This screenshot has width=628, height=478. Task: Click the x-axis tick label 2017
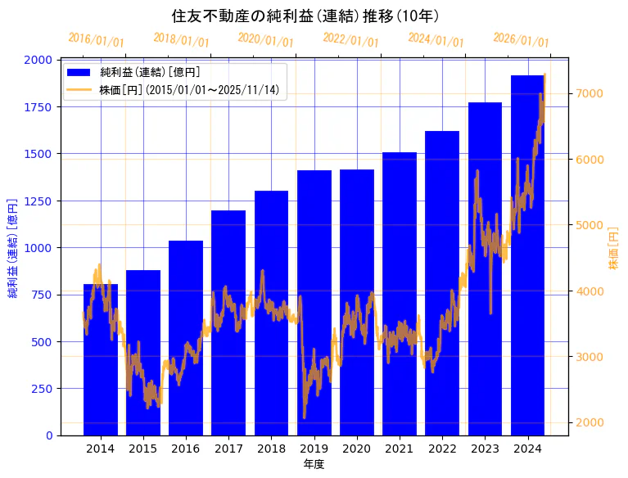(x=228, y=449)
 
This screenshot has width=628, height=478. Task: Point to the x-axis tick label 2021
(x=400, y=449)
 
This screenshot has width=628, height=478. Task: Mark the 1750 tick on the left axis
(x=40, y=106)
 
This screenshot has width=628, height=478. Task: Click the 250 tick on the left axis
(x=43, y=388)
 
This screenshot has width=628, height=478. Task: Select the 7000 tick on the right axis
(x=590, y=93)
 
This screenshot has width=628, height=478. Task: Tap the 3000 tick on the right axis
(x=590, y=356)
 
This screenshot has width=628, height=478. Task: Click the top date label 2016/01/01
(x=97, y=39)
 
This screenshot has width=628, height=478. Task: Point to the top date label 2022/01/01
(x=350, y=39)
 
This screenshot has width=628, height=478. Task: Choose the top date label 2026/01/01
(x=521, y=39)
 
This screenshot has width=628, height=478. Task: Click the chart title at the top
(x=305, y=16)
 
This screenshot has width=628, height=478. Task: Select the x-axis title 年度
(x=314, y=464)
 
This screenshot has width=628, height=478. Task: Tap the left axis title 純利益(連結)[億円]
(x=12, y=247)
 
